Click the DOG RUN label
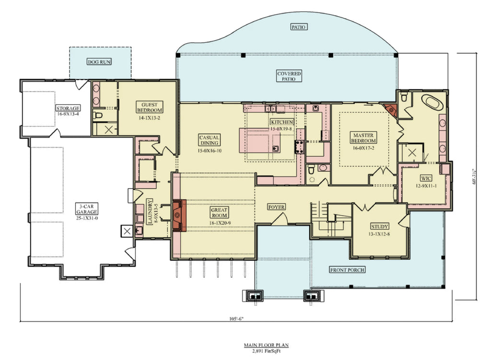click(100, 62)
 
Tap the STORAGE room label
click(68, 108)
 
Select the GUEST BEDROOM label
click(150, 107)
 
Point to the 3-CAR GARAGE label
click(87, 209)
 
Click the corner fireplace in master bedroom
click(392, 110)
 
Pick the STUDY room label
click(379, 226)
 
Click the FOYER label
click(277, 207)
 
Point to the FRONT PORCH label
click(348, 270)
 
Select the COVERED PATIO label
click(289, 76)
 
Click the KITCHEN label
click(281, 122)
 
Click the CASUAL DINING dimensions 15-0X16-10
click(210, 151)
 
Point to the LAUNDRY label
click(149, 212)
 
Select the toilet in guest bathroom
click(99, 116)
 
